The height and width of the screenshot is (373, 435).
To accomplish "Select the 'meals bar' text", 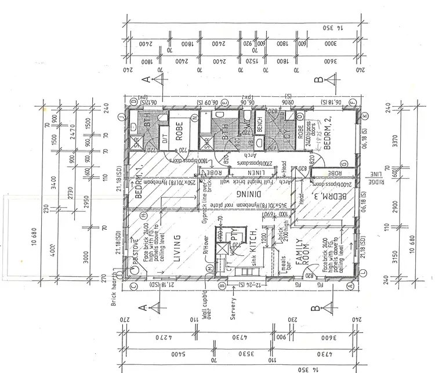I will coord(283,263).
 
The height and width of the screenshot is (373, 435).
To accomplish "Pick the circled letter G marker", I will coord(344,164).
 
